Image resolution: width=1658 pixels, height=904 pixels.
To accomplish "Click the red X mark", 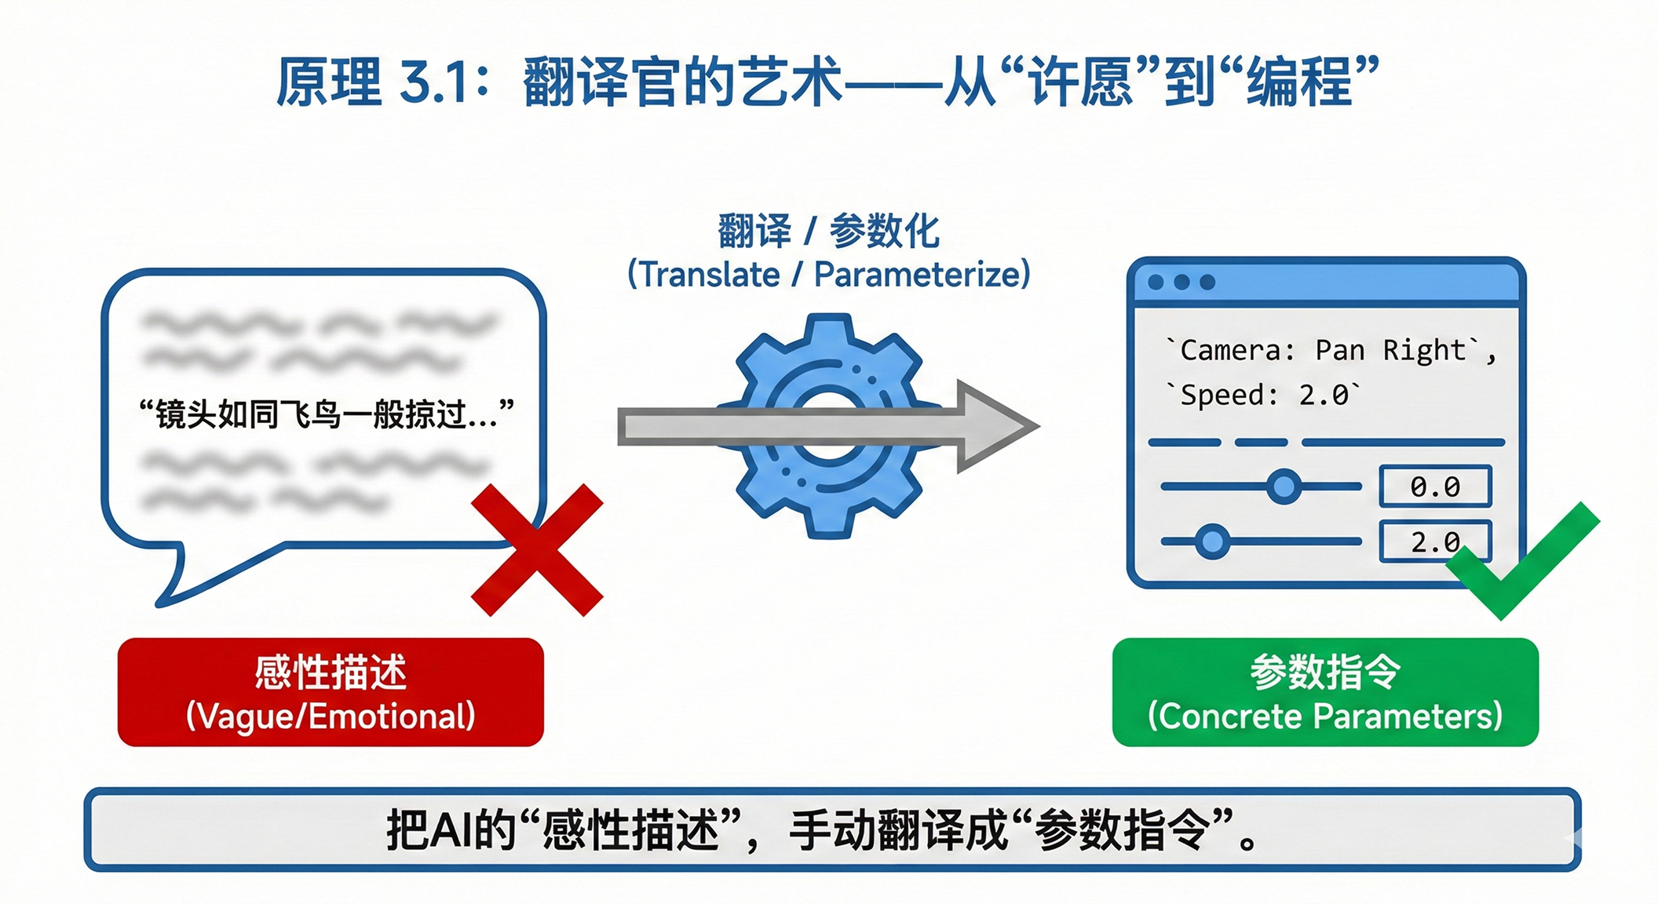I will point(537,549).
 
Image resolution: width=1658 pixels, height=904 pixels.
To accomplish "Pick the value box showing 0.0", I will point(1435,487).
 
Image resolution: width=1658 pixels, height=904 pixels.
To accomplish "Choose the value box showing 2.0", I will point(1435,541).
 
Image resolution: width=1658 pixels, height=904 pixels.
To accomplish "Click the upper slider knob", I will point(1284,487).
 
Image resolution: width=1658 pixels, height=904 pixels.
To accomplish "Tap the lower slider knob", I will point(1212,541).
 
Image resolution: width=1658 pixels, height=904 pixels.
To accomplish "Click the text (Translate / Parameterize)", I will point(828,275).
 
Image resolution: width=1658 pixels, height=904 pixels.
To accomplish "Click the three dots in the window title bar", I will point(1181,282).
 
